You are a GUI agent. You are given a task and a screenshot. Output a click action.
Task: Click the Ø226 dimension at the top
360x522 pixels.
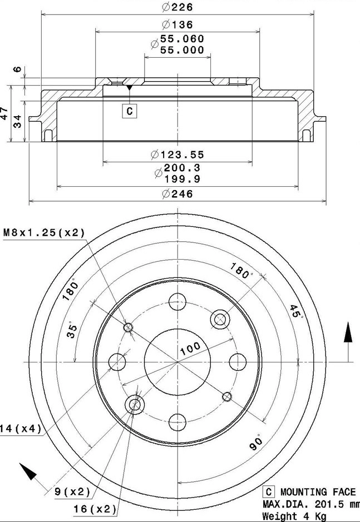[x=177, y=8]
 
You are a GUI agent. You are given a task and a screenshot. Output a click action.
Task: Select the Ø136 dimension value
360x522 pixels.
[x=177, y=24]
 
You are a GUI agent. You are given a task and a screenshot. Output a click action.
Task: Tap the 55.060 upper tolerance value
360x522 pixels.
[x=182, y=39]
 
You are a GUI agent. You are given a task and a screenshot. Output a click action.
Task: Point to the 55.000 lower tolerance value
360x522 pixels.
[x=182, y=49]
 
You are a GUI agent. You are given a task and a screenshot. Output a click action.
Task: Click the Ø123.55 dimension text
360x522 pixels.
[x=177, y=155]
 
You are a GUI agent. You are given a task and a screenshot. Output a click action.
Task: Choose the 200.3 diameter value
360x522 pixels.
[x=182, y=167]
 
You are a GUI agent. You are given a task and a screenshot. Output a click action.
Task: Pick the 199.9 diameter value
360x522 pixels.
[x=182, y=178]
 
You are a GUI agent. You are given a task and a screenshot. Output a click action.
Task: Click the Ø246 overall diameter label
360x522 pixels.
[x=177, y=193]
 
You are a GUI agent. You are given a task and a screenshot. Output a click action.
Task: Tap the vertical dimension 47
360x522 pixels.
[x=5, y=114]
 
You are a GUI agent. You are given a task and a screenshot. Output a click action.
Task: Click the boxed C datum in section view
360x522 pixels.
[x=129, y=111]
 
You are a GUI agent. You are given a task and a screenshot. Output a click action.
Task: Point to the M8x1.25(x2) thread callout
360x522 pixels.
[x=44, y=233]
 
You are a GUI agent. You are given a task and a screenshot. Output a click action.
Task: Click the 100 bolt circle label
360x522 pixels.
[x=190, y=349]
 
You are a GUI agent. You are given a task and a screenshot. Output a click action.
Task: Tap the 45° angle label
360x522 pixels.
[x=295, y=311]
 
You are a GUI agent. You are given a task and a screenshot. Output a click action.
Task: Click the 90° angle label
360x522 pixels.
[x=257, y=443]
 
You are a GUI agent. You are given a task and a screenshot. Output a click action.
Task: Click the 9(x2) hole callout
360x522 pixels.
[x=72, y=491]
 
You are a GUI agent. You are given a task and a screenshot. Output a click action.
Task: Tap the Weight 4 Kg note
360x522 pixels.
[x=294, y=516]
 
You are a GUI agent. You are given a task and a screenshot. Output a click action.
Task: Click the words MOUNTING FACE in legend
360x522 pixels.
[x=318, y=492]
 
